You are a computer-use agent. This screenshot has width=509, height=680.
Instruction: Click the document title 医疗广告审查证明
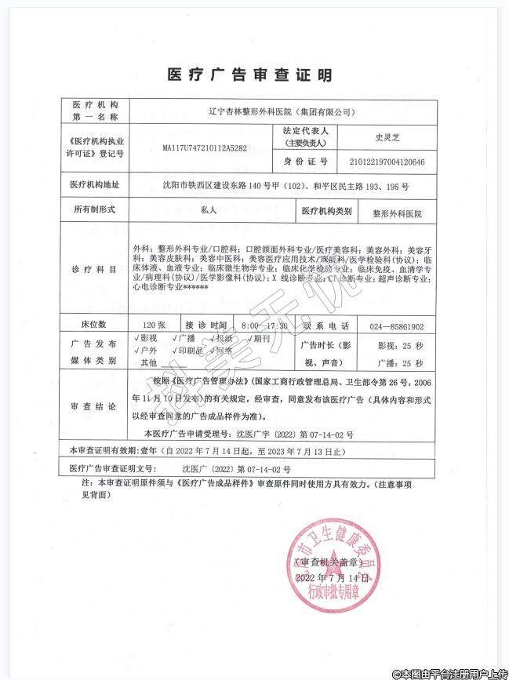click(249, 75)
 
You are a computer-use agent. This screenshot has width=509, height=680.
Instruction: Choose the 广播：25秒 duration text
click(400, 363)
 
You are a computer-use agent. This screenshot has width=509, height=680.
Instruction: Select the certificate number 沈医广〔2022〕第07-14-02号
click(202, 469)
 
